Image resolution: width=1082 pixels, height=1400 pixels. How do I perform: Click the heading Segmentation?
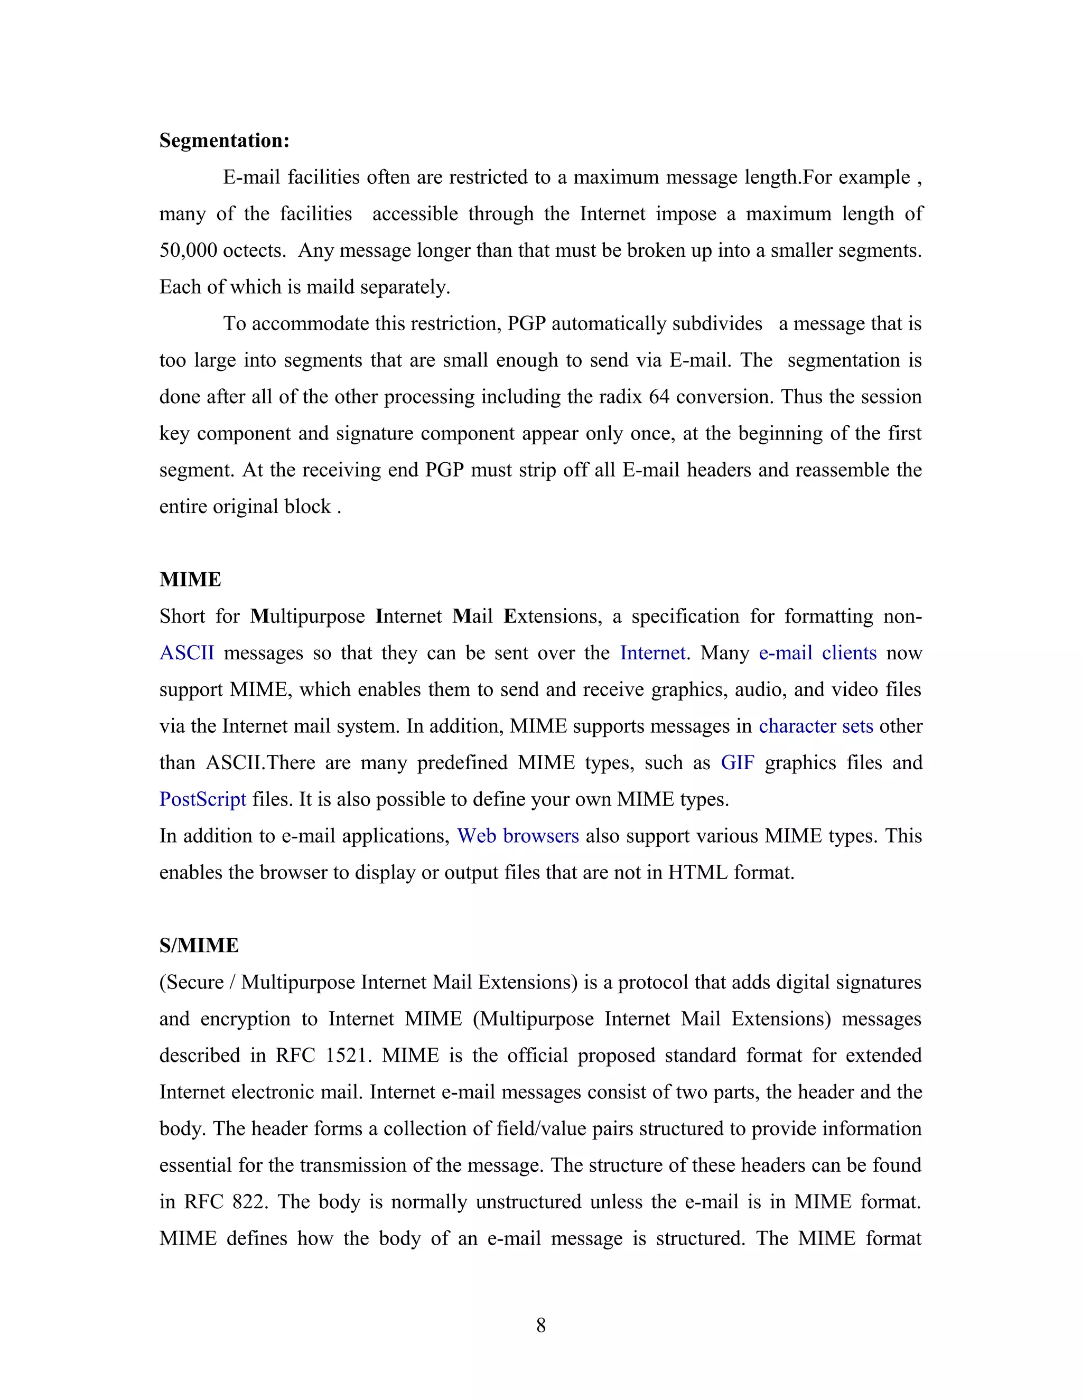coord(225,141)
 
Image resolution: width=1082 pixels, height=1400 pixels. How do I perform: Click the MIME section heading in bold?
coord(190,580)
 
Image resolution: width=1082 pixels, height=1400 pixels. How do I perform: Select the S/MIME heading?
coord(199,946)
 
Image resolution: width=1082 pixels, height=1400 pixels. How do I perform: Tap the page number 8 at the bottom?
coord(540,1325)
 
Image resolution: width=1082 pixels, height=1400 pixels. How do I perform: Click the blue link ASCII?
coord(186,653)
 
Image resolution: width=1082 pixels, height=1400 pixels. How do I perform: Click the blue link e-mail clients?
coord(817,653)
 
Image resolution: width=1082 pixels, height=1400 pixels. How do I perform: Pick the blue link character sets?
coord(815,726)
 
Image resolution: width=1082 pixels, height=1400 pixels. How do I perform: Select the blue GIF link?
coord(737,763)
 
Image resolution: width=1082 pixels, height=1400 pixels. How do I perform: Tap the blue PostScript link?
coord(202,799)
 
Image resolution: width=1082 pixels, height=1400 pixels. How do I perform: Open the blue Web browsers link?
coord(518,836)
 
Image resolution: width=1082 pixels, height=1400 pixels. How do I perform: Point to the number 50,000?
coord(188,250)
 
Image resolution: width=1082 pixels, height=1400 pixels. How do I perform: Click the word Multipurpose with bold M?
coord(307,617)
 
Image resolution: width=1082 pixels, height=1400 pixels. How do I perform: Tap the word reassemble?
coord(842,470)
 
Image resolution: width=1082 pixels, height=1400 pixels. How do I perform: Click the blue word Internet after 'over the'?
coord(652,653)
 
